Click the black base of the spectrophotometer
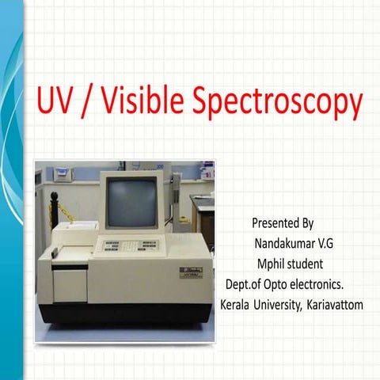pos(127,314)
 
